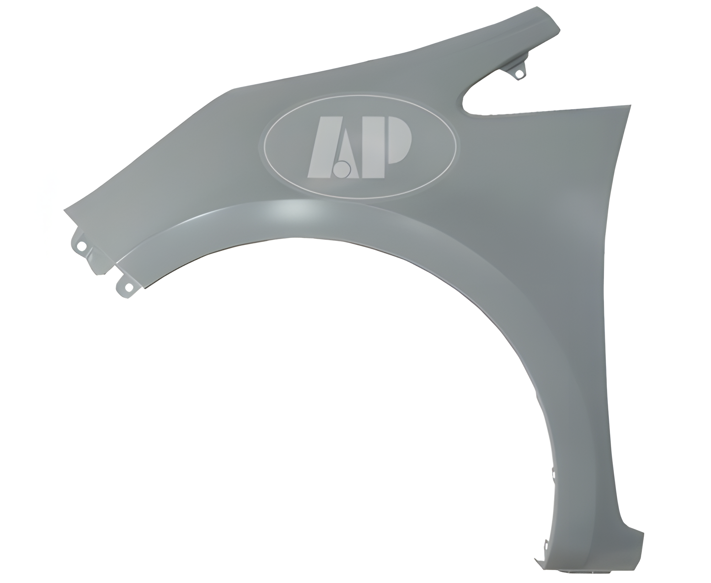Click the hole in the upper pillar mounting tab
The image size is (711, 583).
[519, 74]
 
